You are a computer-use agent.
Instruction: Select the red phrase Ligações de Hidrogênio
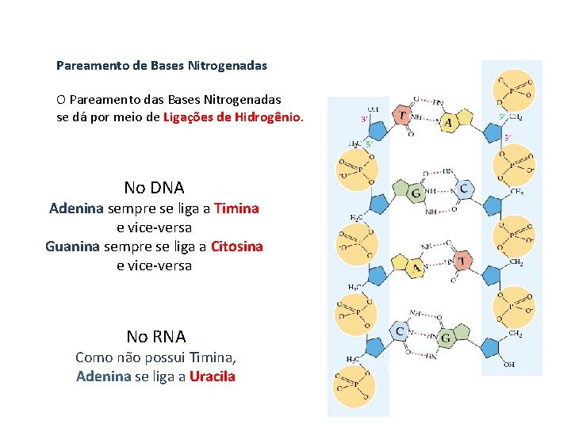click(x=232, y=117)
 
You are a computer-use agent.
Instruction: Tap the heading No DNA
click(x=154, y=188)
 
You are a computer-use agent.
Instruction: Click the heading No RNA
click(x=156, y=336)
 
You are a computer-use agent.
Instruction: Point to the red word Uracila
click(x=212, y=376)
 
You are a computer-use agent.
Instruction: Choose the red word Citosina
click(x=236, y=246)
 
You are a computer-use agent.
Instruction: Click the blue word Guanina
click(x=72, y=246)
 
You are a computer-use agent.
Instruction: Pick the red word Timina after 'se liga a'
click(x=236, y=208)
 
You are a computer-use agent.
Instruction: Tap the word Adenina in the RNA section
click(x=103, y=376)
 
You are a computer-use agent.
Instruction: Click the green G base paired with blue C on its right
click(x=416, y=193)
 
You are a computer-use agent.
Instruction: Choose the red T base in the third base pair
click(x=461, y=260)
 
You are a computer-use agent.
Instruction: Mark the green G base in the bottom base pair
click(x=445, y=338)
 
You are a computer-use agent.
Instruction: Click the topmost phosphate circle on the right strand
click(x=514, y=90)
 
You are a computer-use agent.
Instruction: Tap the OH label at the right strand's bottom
click(x=509, y=365)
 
